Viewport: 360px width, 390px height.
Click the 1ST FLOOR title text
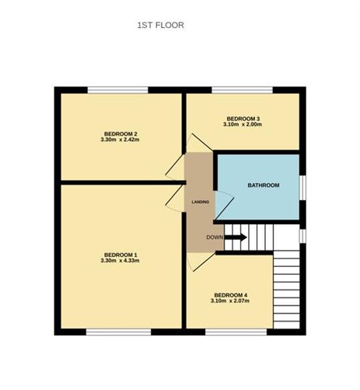tap(160, 25)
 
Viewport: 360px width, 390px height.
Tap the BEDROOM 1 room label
tap(119, 255)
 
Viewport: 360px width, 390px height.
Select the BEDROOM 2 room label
tap(119, 134)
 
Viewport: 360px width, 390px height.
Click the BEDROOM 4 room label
tap(230, 295)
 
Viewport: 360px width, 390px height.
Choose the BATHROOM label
tap(262, 186)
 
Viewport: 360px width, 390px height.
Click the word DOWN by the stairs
tap(215, 237)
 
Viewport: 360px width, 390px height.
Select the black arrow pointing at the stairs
tap(236, 237)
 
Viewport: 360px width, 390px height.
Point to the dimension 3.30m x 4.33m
tap(119, 261)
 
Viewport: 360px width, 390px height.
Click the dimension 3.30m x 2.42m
tap(119, 140)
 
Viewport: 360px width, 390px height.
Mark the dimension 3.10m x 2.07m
tap(230, 301)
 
